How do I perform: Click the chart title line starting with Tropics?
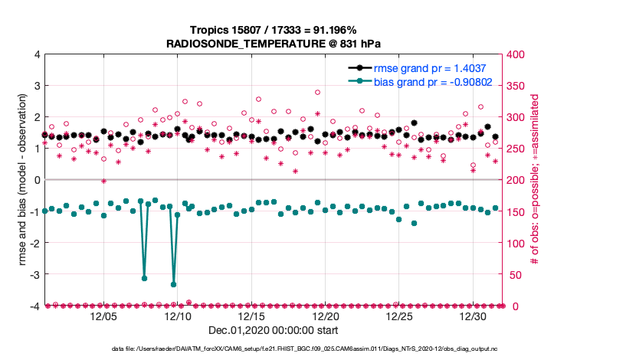coord(273,30)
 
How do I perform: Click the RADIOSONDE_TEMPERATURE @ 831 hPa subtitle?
coord(273,44)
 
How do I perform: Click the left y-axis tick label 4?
coord(37,54)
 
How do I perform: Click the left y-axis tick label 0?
coord(37,180)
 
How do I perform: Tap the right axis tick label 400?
coord(518,54)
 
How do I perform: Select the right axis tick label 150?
coord(518,211)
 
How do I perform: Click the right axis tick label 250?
coord(518,149)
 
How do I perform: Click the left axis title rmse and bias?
coord(23,180)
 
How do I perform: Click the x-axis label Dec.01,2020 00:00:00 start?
coord(274,331)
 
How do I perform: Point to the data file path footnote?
coord(274,349)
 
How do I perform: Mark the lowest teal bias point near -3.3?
coord(174,284)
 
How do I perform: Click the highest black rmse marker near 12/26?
coord(414,123)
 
